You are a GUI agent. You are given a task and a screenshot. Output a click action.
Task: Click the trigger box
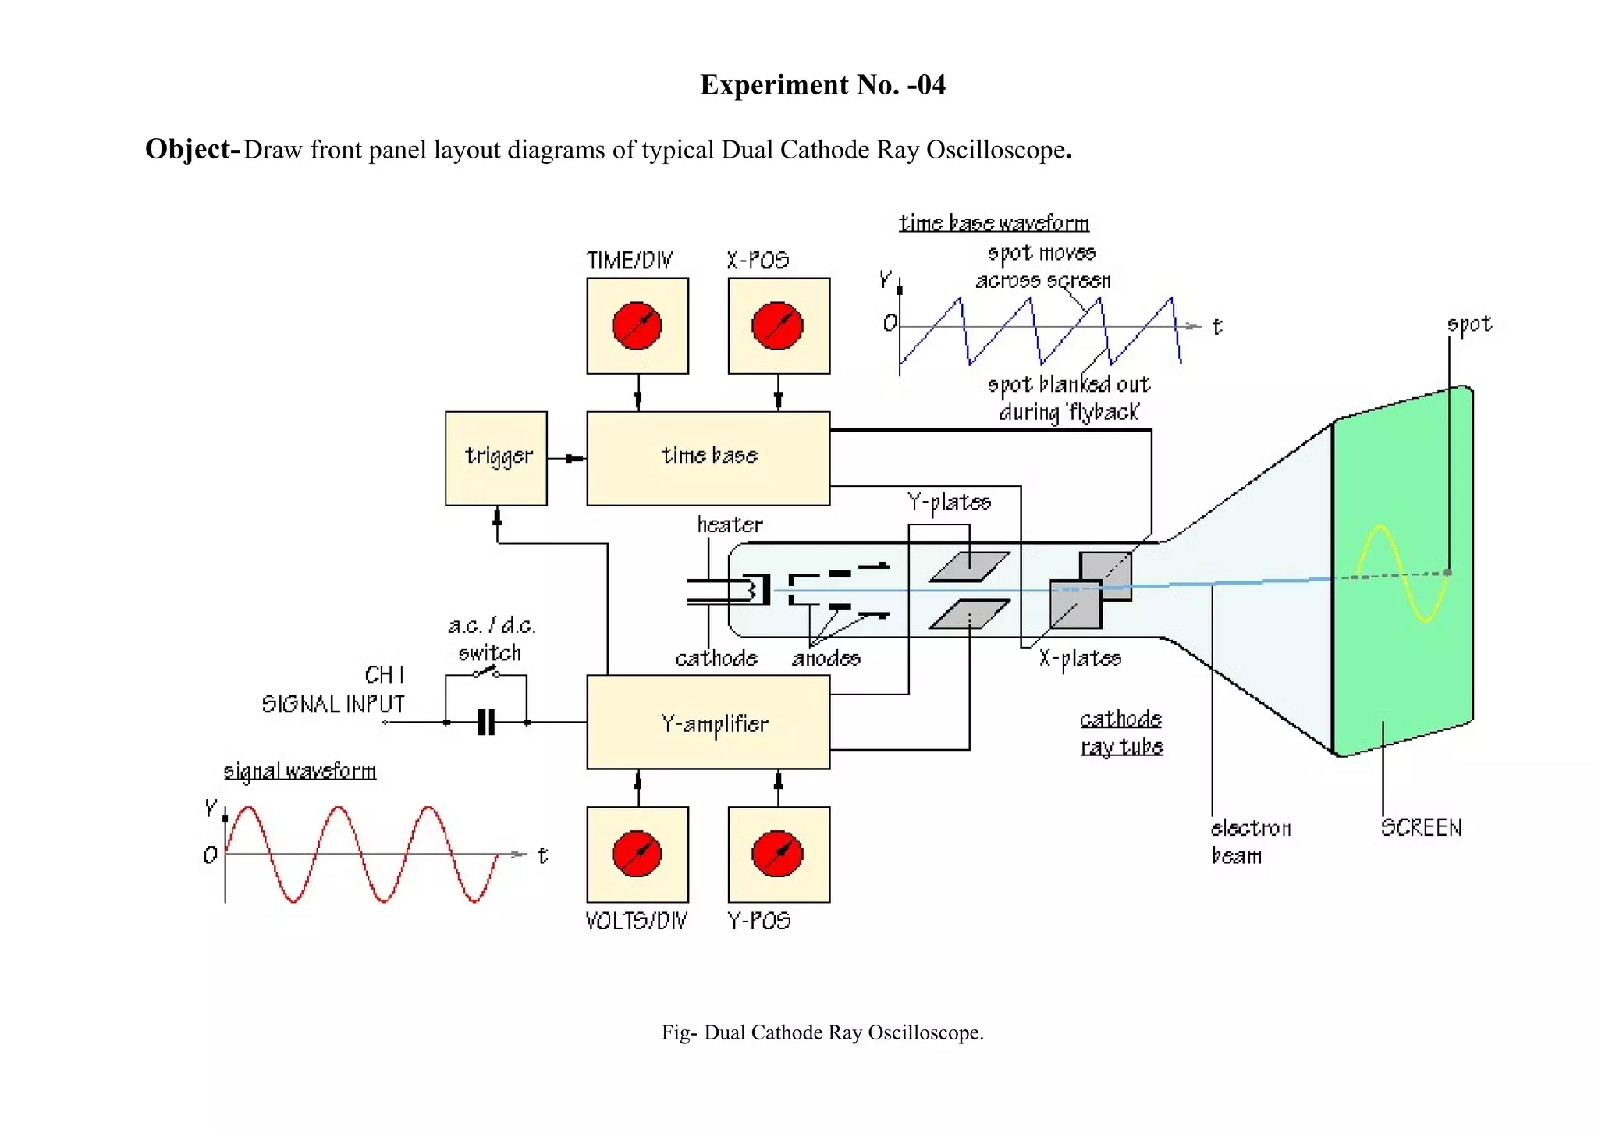(496, 458)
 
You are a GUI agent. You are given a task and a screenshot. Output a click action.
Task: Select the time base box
(708, 458)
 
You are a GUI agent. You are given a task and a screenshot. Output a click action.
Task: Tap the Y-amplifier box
(708, 723)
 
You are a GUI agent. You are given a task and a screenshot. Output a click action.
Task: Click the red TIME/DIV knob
(637, 325)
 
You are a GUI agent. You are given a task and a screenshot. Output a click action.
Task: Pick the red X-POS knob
(777, 325)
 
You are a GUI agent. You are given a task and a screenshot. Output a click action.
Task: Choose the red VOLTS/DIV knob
(637, 854)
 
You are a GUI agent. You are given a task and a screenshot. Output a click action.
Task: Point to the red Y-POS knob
(777, 854)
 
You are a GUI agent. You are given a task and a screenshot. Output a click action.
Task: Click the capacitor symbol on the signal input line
(486, 723)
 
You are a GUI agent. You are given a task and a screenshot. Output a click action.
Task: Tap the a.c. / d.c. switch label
(491, 638)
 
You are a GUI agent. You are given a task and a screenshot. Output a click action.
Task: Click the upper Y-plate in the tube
(970, 567)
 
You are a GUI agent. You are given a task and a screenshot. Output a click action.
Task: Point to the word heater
(730, 524)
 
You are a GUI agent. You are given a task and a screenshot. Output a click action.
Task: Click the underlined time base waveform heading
(993, 223)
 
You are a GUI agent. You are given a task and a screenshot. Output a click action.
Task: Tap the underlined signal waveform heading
(300, 771)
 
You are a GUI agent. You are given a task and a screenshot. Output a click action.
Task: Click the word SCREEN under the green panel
(1421, 827)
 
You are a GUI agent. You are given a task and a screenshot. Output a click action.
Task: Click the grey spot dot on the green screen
(1447, 573)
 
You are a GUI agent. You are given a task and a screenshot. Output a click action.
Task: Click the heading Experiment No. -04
(822, 84)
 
